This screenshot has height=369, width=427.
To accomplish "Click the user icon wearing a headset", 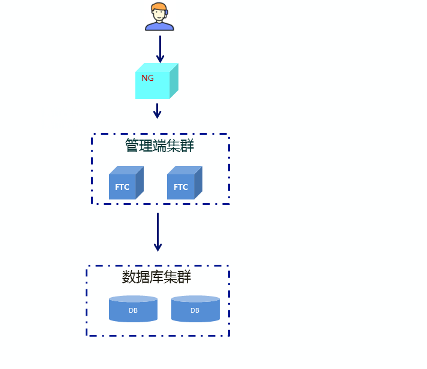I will click(159, 17).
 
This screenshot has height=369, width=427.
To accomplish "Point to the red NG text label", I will click(147, 78).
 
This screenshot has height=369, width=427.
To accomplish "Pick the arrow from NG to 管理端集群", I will click(157, 111).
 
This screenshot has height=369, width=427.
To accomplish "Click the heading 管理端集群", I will click(159, 146).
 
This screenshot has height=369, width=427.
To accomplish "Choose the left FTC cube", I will click(125, 183).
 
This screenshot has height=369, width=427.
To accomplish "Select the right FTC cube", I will click(183, 183).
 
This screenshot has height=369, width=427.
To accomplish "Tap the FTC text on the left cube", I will click(122, 187).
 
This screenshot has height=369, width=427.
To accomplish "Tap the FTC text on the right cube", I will click(181, 187).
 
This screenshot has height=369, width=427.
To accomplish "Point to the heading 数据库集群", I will click(156, 277).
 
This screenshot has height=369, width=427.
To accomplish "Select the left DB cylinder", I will click(133, 309).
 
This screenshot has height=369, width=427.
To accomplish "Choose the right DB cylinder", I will click(195, 309).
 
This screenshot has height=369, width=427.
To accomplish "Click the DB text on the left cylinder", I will click(133, 310).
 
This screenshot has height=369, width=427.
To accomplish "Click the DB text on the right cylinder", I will click(195, 310).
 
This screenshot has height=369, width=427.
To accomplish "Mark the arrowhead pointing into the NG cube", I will click(160, 59).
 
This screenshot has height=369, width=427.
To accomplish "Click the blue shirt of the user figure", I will click(159, 26).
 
